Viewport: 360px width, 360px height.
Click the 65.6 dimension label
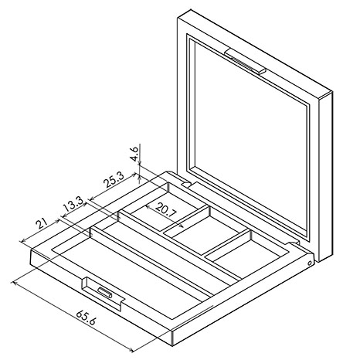(86, 318)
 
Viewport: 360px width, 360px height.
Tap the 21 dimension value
(42, 223)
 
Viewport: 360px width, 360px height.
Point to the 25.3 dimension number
(114, 179)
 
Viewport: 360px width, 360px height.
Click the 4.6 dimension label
(134, 153)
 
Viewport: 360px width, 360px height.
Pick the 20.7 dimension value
(166, 210)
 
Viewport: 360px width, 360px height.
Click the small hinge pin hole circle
(310, 263)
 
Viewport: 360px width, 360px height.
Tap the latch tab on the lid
(245, 61)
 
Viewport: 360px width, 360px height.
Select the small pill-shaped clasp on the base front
(105, 293)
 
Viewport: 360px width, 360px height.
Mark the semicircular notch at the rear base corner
(187, 184)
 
